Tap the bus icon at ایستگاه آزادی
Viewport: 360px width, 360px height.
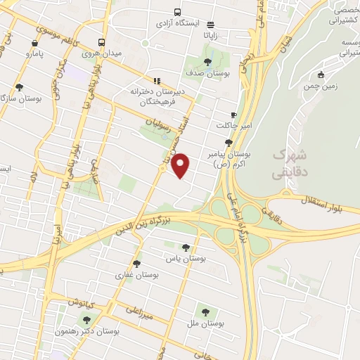(176, 12)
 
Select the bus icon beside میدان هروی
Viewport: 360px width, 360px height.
(103, 41)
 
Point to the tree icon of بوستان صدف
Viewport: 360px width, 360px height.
(208, 60)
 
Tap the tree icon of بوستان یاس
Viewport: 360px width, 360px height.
(186, 247)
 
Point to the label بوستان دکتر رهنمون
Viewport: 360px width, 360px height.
(88, 331)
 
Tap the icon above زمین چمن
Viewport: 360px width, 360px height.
(321, 75)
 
